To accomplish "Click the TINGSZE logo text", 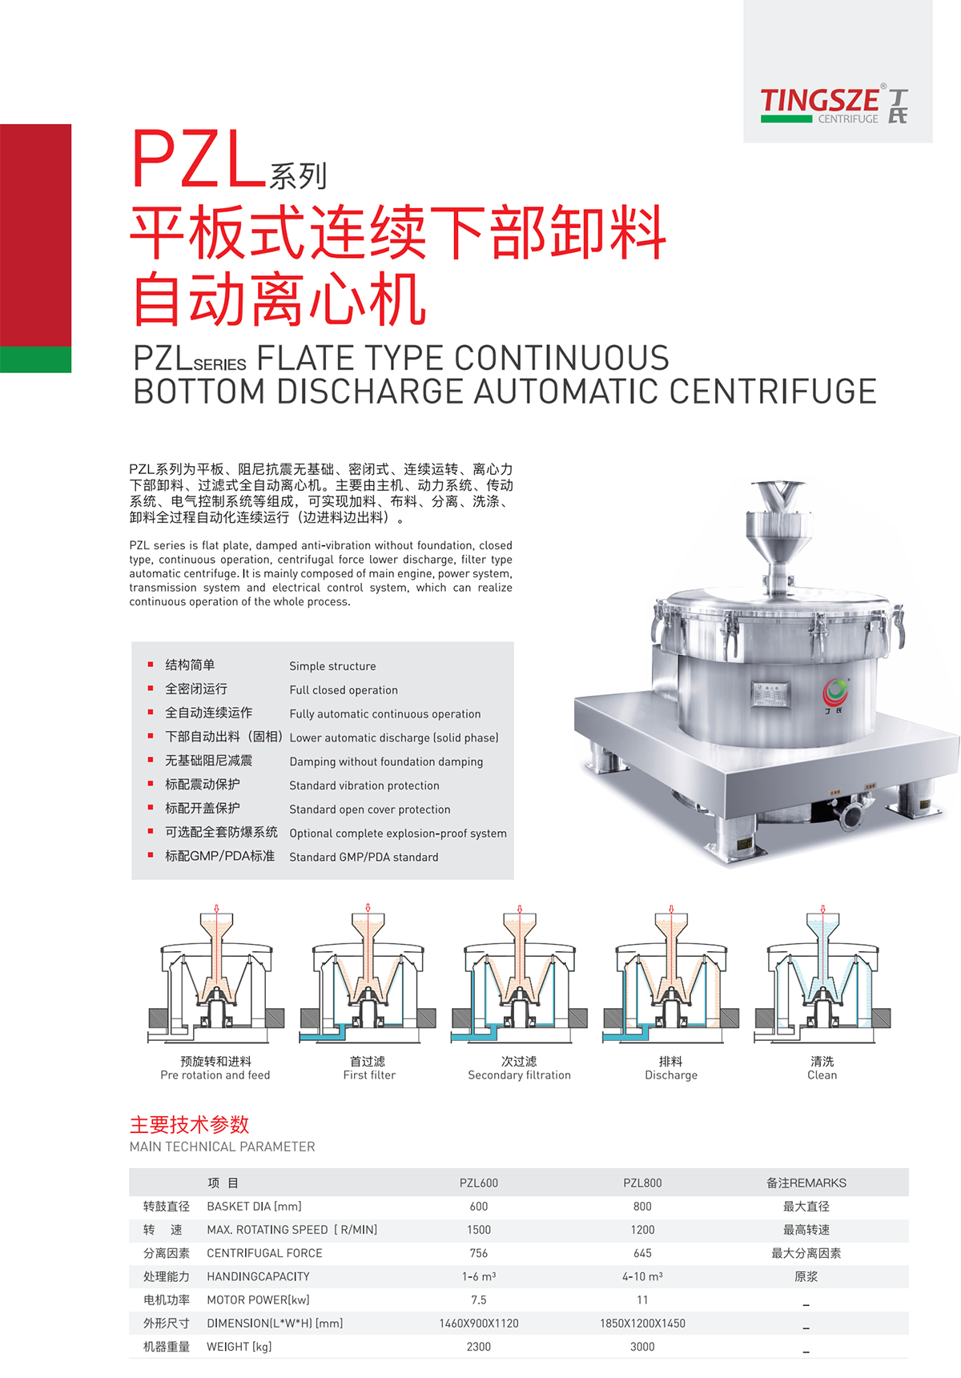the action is click(x=819, y=101).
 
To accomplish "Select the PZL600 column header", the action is click(x=479, y=1183).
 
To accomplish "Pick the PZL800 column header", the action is click(x=642, y=1183).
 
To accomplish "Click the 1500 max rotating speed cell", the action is click(x=479, y=1230).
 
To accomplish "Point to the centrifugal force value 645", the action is click(x=642, y=1253).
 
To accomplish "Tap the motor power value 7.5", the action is click(x=479, y=1300).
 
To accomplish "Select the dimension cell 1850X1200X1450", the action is click(x=642, y=1324).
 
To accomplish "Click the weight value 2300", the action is click(x=479, y=1347).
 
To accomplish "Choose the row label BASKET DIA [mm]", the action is click(x=255, y=1207).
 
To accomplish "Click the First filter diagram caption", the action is click(x=369, y=1075).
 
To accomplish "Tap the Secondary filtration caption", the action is click(x=520, y=1075).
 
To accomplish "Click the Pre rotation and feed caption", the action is click(x=215, y=1075).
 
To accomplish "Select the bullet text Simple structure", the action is click(x=332, y=666).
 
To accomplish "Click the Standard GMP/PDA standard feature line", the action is click(x=364, y=857).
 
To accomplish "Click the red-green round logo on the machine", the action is click(x=835, y=690).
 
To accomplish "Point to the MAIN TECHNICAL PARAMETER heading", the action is click(x=223, y=1147).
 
